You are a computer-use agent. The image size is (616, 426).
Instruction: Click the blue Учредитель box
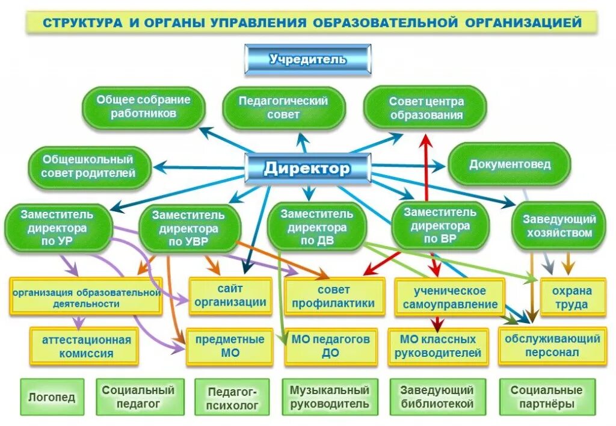307,60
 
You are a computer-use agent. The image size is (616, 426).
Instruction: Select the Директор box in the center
307,168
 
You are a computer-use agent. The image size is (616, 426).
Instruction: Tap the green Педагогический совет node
283,108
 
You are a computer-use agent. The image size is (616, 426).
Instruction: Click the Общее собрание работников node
143,106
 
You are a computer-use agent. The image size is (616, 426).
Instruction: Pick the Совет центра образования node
426,108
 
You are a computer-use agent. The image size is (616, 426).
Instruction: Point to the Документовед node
510,164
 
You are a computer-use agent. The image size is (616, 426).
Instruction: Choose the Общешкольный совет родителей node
88,167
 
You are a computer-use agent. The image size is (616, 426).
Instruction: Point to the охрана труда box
572,297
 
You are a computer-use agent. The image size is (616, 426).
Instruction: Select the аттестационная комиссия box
86,347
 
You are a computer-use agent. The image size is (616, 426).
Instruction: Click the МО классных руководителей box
438,347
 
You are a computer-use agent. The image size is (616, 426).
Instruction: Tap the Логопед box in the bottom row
52,397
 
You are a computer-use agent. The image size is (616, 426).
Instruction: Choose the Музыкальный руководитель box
330,397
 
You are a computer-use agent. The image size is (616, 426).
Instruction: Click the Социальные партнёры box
547,397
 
